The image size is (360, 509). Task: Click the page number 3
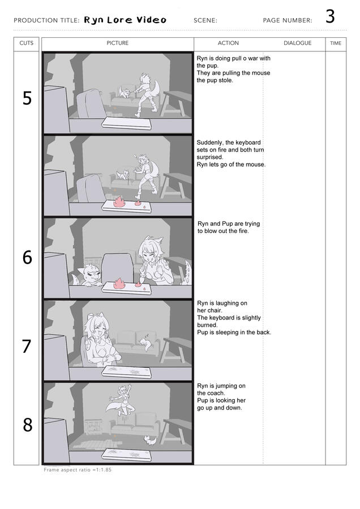coord(330,16)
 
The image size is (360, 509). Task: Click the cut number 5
coord(27,98)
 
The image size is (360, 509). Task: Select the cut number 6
coord(27,257)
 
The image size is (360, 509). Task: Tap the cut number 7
coord(27,346)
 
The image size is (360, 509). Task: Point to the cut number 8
coord(27,425)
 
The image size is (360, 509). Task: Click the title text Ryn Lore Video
coord(125,20)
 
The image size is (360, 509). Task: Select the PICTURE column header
coord(118,43)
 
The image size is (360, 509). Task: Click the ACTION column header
coord(228,43)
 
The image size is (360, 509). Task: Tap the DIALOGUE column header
coord(297,43)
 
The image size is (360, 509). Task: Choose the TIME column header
coord(336,43)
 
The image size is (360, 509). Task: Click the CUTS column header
coord(26,43)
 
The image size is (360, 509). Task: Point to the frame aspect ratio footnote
coord(78,470)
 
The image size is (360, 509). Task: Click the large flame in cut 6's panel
coord(119,283)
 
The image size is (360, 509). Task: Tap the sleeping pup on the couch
coord(144,343)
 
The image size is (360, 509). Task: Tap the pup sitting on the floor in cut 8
coord(151,441)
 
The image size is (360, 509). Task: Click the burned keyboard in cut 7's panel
coord(126,372)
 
